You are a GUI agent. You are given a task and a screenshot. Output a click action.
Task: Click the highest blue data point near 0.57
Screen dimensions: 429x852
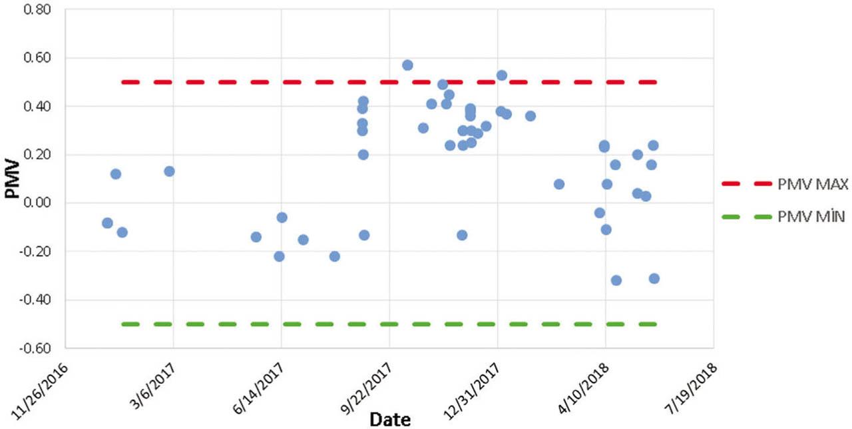click(x=407, y=65)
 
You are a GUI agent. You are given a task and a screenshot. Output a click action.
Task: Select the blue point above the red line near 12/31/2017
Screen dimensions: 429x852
click(x=502, y=75)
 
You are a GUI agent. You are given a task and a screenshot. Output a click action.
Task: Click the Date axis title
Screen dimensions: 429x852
click(x=390, y=419)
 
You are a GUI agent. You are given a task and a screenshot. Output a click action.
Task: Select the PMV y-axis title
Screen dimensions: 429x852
click(x=11, y=179)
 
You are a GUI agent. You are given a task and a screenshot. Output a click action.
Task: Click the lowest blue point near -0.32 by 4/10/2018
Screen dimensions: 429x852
click(x=616, y=280)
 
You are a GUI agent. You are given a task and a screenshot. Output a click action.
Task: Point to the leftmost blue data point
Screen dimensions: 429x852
click(x=107, y=223)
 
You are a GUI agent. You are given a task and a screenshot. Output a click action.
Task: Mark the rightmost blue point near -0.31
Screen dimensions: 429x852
click(x=654, y=278)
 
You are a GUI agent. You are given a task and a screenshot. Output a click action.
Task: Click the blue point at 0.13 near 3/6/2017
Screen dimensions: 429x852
click(x=169, y=171)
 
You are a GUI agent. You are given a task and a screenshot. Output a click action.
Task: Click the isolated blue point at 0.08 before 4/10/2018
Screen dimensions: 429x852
click(x=559, y=184)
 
